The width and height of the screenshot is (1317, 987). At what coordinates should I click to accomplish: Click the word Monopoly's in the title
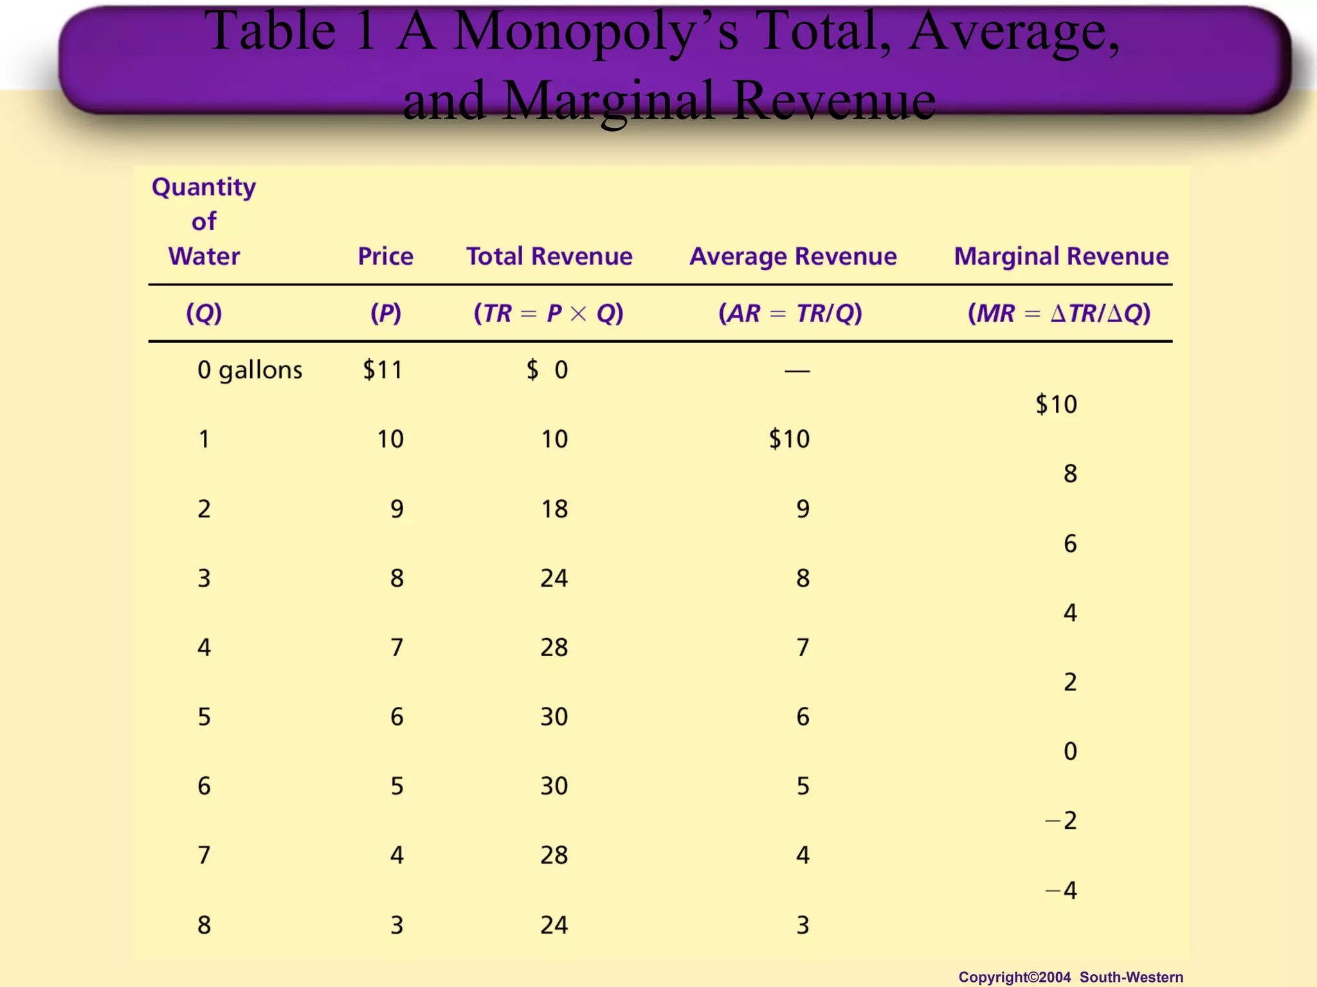pyautogui.click(x=595, y=32)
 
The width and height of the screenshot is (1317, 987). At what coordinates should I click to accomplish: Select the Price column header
pyautogui.click(x=385, y=256)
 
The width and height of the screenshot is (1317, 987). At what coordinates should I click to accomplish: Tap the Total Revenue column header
pyautogui.click(x=549, y=256)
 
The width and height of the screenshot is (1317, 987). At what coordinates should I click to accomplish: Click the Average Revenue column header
pyautogui.click(x=793, y=256)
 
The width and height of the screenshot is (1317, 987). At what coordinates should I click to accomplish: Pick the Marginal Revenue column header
pyautogui.click(x=1061, y=256)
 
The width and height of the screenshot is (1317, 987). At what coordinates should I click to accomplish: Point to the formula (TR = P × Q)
pyautogui.click(x=549, y=314)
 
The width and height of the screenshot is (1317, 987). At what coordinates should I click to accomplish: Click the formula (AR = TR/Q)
pyautogui.click(x=790, y=314)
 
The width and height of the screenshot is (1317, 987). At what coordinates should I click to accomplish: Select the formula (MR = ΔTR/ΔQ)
pyautogui.click(x=1059, y=314)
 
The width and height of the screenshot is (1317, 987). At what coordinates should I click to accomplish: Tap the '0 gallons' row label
pyautogui.click(x=250, y=370)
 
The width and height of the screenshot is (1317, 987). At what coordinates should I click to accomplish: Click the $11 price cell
pyautogui.click(x=383, y=370)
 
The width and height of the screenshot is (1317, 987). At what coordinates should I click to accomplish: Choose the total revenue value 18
pyautogui.click(x=554, y=509)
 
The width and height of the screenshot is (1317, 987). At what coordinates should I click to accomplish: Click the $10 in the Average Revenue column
pyautogui.click(x=789, y=440)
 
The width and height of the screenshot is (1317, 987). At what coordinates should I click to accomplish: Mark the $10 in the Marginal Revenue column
pyautogui.click(x=1056, y=405)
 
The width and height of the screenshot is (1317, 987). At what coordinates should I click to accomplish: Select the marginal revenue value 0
pyautogui.click(x=1070, y=751)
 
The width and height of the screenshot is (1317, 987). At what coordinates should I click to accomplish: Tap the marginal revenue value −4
pyautogui.click(x=1061, y=891)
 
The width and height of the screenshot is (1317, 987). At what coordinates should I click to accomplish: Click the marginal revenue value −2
pyautogui.click(x=1061, y=821)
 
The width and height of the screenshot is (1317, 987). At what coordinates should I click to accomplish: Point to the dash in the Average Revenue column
pyautogui.click(x=797, y=371)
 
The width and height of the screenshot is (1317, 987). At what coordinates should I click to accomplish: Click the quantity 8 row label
pyautogui.click(x=204, y=925)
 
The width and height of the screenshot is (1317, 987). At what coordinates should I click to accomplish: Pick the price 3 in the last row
pyautogui.click(x=397, y=925)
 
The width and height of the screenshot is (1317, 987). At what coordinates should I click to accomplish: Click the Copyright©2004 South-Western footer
pyautogui.click(x=1070, y=977)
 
